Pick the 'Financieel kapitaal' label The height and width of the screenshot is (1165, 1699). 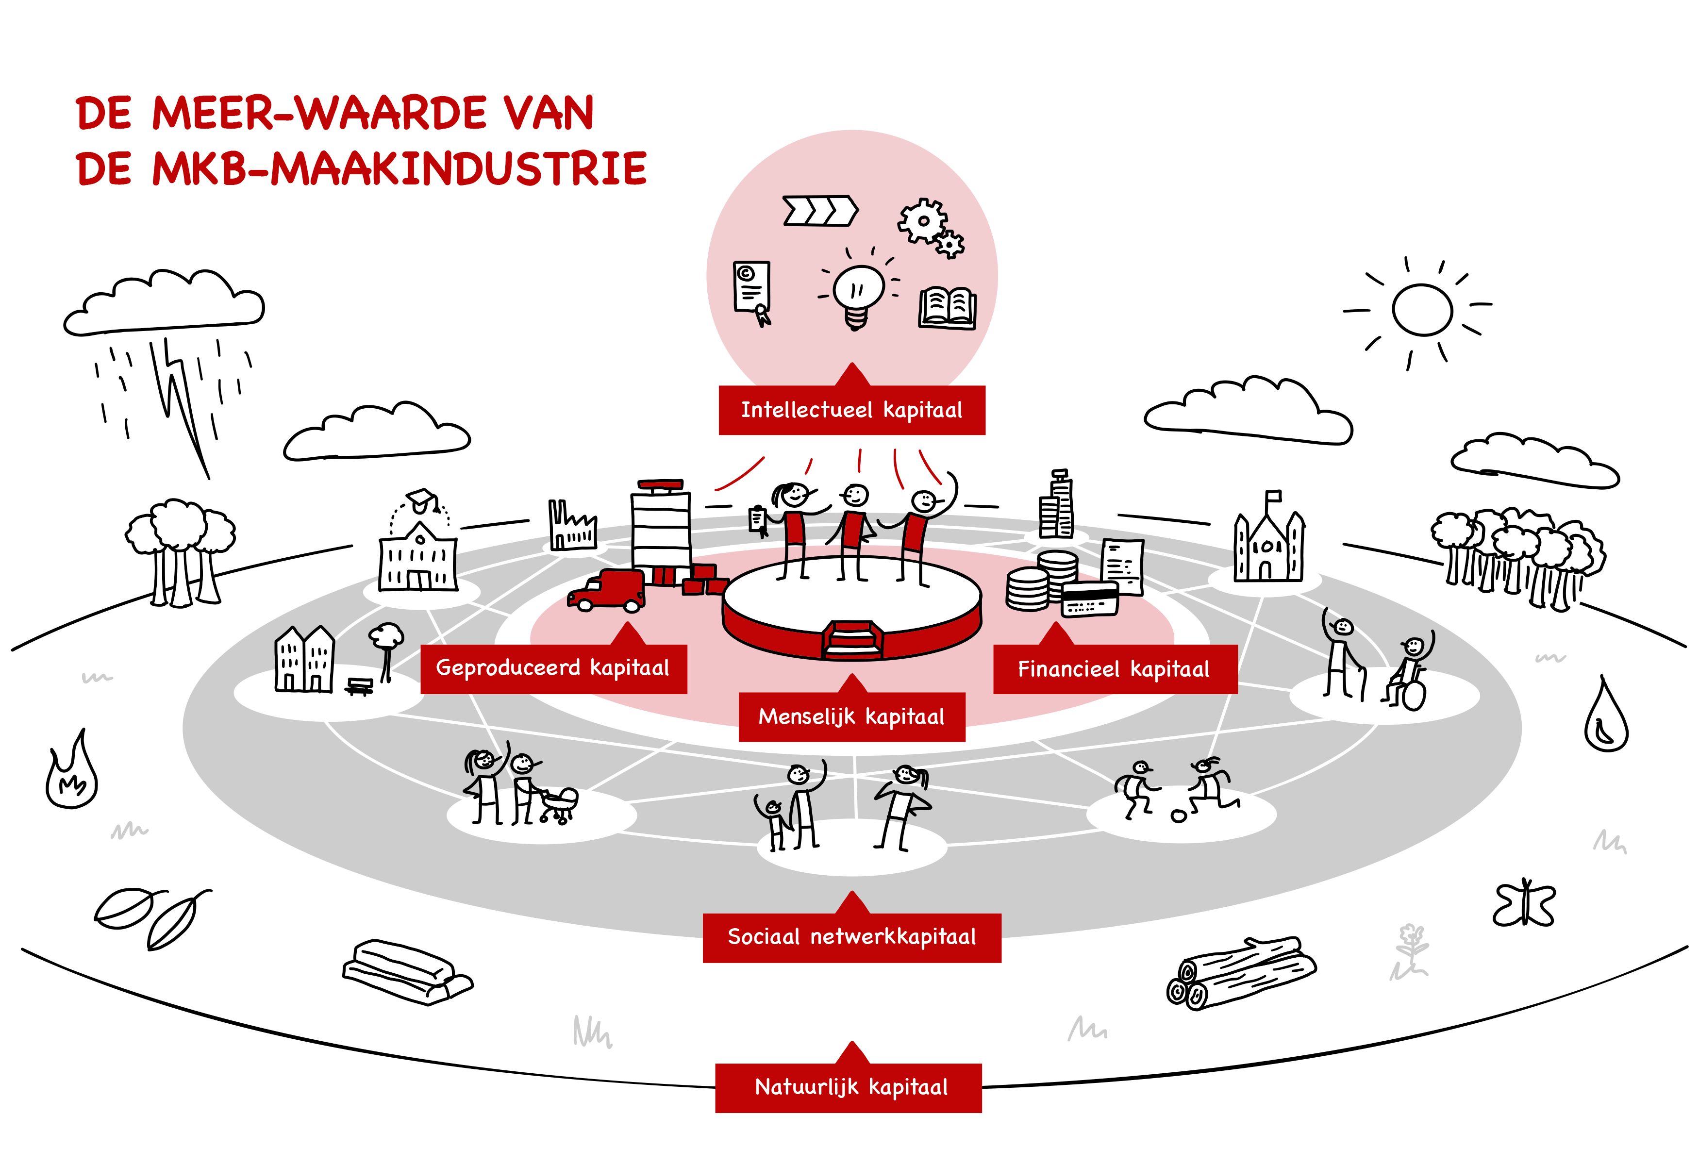click(1114, 669)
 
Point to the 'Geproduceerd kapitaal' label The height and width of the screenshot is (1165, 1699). click(553, 668)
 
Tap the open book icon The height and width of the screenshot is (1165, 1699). click(948, 308)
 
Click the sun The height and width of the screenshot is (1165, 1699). click(1421, 310)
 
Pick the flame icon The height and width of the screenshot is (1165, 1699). click(72, 776)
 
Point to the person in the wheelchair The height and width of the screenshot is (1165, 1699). click(1410, 672)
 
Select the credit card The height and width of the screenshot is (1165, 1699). click(1089, 599)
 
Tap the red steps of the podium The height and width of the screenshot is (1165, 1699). click(850, 639)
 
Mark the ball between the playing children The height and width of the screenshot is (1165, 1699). click(1179, 815)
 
